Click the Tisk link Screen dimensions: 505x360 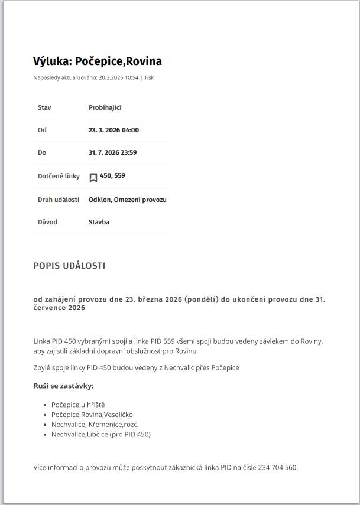(x=149, y=77)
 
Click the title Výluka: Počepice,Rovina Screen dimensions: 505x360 (x=98, y=61)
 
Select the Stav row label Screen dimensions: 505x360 (x=44, y=107)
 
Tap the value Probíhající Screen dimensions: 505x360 (x=105, y=107)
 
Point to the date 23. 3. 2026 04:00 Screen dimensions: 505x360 (x=113, y=130)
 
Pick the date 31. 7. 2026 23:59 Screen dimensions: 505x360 (x=112, y=152)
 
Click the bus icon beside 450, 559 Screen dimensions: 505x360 (x=93, y=177)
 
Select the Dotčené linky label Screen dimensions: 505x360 (x=59, y=176)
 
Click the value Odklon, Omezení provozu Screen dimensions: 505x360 (x=127, y=200)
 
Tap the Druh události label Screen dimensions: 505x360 (x=59, y=200)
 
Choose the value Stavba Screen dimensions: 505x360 (x=99, y=222)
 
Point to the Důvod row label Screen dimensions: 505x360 (x=47, y=222)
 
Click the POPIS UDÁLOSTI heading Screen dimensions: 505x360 (x=69, y=266)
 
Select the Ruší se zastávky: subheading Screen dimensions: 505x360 (x=63, y=386)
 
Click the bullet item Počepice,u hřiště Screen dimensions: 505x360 (x=78, y=405)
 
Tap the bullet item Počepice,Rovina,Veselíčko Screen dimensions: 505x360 (x=92, y=415)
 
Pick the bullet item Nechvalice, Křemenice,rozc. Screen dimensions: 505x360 (x=95, y=424)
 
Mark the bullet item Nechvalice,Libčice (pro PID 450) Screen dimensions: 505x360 (x=100, y=434)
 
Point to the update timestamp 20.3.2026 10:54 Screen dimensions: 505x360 (x=118, y=77)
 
